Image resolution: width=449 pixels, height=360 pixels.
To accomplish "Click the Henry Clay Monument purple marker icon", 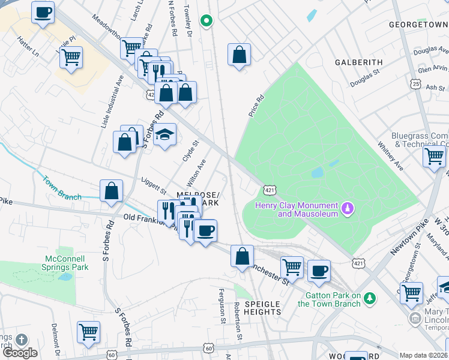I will (x=346, y=208).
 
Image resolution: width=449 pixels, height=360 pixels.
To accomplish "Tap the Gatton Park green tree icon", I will (x=370, y=298).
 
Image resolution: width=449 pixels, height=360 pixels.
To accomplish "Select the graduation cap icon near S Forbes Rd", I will (x=164, y=134).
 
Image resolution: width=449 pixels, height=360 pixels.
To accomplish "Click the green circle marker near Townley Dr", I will (x=206, y=22).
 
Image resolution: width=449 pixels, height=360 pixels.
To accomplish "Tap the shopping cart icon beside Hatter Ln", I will (x=71, y=58).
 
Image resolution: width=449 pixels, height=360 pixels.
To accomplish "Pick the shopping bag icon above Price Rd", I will (x=239, y=55).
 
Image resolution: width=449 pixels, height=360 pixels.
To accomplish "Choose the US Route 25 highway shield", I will (x=415, y=85).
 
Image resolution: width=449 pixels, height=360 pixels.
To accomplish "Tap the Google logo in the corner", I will (x=20, y=353).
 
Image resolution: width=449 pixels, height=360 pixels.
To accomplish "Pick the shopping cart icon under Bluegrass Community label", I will (x=433, y=157).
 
